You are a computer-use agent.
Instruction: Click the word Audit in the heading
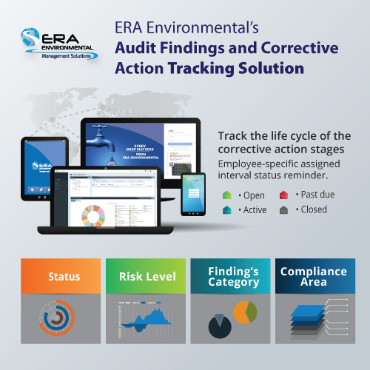tap(139, 49)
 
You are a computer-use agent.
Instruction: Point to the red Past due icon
tap(283, 195)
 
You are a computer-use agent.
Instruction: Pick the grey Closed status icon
tap(283, 209)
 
